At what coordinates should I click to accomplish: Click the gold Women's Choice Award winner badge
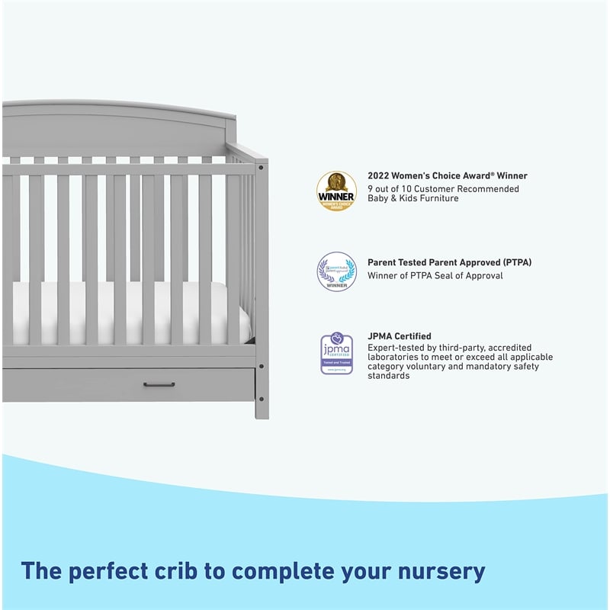336,191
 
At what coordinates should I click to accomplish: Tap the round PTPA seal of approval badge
336,271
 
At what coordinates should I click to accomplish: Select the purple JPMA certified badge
336,353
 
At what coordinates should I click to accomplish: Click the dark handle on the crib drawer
159,384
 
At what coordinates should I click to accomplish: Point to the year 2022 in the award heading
379,176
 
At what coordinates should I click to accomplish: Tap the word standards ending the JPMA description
389,376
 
